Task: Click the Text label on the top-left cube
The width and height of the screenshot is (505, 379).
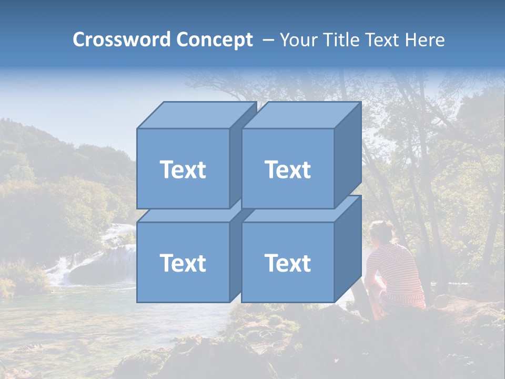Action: click(x=183, y=169)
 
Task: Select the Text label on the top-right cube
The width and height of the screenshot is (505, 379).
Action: click(x=288, y=169)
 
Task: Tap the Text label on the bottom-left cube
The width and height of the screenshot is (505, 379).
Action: click(x=183, y=263)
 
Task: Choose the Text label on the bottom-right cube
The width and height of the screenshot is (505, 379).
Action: click(x=288, y=263)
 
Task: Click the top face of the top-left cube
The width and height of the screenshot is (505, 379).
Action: click(x=196, y=115)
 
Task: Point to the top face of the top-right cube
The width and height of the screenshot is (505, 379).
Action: click(x=301, y=115)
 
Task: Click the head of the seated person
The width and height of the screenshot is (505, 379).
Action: click(x=381, y=232)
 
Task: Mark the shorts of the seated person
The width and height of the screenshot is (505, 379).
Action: click(x=402, y=300)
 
